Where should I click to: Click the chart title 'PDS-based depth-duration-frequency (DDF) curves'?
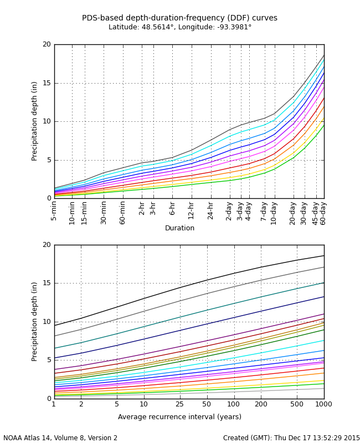[179, 18]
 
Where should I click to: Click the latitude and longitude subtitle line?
[179, 27]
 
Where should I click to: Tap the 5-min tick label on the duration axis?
[54, 211]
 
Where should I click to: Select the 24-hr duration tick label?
[211, 211]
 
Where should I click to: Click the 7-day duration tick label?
[264, 211]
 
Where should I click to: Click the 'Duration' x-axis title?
[179, 228]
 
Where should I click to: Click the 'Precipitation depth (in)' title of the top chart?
[34, 121]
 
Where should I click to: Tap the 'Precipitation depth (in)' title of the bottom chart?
[34, 321]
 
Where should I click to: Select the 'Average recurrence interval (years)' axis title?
[179, 417]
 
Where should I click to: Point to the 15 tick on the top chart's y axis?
[47, 83]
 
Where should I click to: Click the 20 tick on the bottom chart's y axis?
[47, 245]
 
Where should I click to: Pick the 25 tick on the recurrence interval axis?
[179, 404]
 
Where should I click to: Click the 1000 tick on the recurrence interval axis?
[323, 404]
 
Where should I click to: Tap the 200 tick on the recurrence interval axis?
[261, 404]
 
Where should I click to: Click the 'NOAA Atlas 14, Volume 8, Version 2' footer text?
[60, 438]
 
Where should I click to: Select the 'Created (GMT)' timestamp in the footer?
[291, 438]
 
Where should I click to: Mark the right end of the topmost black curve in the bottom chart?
[323, 255]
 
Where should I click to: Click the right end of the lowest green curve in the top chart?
[323, 125]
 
